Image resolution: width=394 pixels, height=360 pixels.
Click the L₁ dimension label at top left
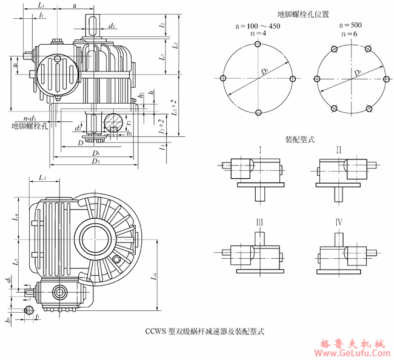coord(39,5)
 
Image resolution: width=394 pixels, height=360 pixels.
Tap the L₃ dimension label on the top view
coord(42,178)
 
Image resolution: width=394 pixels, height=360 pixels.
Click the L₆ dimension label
coord(154,277)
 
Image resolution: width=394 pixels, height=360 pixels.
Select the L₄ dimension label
coord(16,216)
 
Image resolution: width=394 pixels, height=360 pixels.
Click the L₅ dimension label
coord(16,264)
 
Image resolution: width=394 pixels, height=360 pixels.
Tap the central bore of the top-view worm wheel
coord(93,235)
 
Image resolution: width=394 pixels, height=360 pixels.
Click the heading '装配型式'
coord(299,139)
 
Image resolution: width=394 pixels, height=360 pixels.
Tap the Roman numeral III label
coord(259,222)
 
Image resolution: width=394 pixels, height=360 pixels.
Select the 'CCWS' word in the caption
coord(156,332)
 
